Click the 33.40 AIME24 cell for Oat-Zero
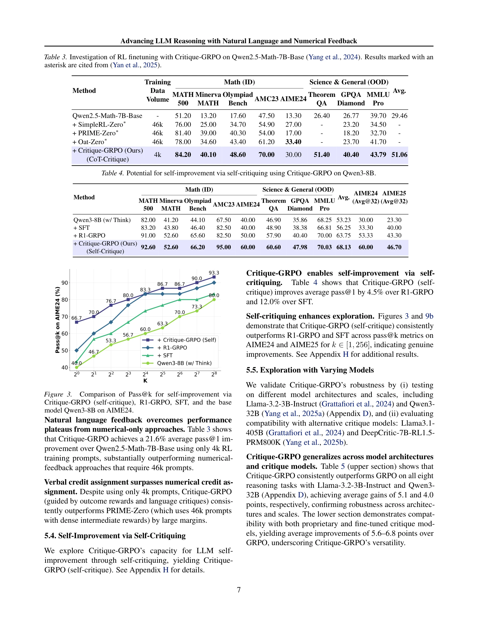[x=293, y=142]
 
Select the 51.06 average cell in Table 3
[x=399, y=154]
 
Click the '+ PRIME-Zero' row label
[x=96, y=133]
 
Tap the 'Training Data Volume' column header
[x=158, y=90]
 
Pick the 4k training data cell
[x=158, y=155]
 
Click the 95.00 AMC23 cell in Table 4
[x=224, y=247]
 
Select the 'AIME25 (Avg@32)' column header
[x=394, y=197]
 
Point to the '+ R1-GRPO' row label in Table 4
[x=89, y=235]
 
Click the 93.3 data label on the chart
[x=214, y=273]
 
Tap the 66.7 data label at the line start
[x=76, y=318]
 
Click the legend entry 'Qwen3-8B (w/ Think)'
[x=184, y=363]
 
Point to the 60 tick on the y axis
[x=64, y=334]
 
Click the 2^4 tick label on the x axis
[x=145, y=374]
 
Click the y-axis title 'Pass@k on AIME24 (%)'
[x=57, y=320]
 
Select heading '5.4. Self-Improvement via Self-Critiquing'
[x=115, y=536]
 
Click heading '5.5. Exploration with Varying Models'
[x=310, y=370]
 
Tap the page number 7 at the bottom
[x=239, y=590]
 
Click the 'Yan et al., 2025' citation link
[x=135, y=65]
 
